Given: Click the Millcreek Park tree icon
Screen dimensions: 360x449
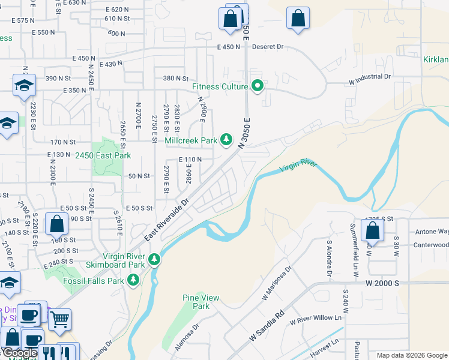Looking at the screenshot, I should pos(226,140).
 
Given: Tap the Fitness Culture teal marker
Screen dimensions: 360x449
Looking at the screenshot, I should pos(258,86).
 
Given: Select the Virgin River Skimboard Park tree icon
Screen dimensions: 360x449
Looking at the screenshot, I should pos(155,259).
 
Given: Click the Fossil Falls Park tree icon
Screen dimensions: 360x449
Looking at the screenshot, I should pos(133,280).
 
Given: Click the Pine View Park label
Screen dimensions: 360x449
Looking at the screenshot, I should pos(201,302).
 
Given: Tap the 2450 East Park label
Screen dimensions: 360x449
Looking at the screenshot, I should pos(103,155).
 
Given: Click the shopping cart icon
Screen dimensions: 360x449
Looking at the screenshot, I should pos(59,320).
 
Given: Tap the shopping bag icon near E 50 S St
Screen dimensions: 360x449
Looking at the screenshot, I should pos(56,224).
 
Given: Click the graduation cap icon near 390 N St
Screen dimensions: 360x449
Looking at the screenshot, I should pos(24,85).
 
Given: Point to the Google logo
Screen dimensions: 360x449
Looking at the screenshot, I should pos(20,353).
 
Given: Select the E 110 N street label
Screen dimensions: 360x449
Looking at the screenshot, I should pos(190,160).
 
